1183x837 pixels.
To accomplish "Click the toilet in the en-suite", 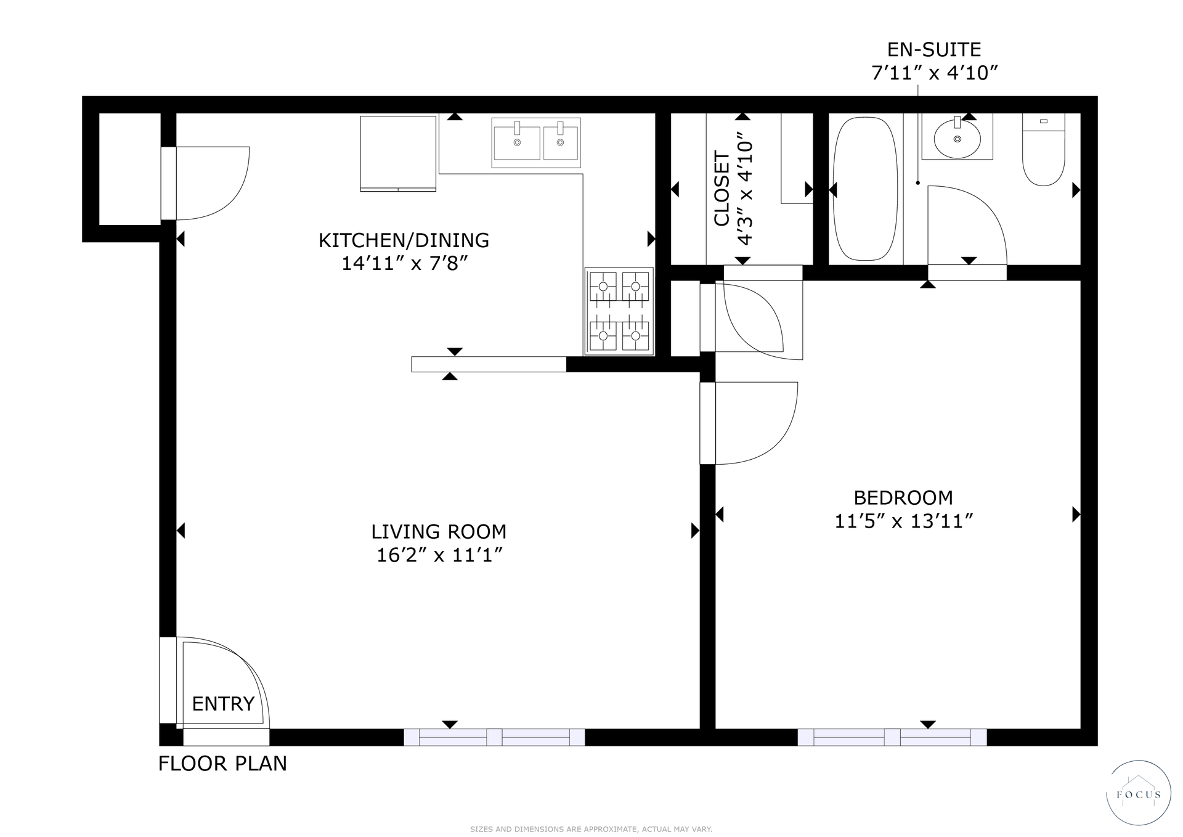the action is [x=1043, y=150].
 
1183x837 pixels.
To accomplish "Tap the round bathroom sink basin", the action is [x=957, y=139].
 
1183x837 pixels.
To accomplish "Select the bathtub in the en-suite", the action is [x=865, y=189].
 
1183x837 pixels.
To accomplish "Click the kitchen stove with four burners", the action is [x=619, y=311].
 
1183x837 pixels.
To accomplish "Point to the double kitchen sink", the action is [x=536, y=142].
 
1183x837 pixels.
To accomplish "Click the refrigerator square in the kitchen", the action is [x=398, y=153].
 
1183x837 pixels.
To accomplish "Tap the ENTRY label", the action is [x=223, y=703].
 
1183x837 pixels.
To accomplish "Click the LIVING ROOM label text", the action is [x=439, y=531].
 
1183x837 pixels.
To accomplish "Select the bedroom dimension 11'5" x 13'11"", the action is [x=903, y=521].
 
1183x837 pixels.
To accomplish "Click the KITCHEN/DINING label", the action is [x=404, y=240].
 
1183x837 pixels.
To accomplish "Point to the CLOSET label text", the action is [x=722, y=189].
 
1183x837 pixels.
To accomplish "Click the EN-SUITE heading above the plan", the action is [x=934, y=49].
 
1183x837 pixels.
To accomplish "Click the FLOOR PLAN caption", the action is [x=222, y=764].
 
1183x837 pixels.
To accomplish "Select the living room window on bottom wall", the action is [x=494, y=737].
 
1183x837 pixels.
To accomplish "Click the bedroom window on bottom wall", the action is [x=892, y=737].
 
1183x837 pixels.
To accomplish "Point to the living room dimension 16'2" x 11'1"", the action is [x=440, y=555].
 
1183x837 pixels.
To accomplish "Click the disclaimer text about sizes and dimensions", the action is [x=591, y=829].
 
